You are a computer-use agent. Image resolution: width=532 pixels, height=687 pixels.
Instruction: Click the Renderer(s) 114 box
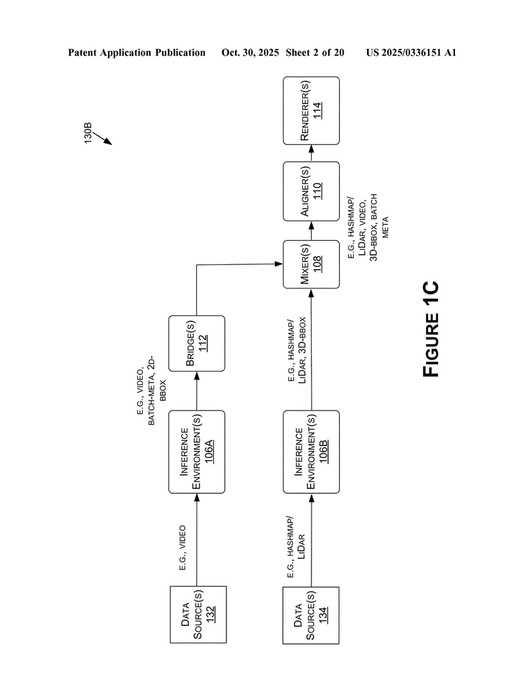tap(311, 110)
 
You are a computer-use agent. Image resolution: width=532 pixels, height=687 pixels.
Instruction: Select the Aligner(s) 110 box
tap(311, 191)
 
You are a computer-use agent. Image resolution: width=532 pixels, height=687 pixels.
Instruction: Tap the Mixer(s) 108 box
tap(311, 264)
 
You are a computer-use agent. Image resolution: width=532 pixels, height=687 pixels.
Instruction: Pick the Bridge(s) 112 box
tap(196, 343)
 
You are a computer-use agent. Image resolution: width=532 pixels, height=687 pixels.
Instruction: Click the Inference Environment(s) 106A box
tap(196, 452)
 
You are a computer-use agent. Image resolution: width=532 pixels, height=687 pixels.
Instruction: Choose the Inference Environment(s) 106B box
tap(311, 452)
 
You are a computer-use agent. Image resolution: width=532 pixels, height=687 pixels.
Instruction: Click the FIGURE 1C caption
tap(431, 329)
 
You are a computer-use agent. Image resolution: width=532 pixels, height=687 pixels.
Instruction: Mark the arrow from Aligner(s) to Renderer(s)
tap(311, 153)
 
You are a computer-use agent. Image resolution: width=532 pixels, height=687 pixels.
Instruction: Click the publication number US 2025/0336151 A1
tap(411, 52)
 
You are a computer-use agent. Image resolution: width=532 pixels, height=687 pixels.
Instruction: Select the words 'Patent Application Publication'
tap(137, 52)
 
